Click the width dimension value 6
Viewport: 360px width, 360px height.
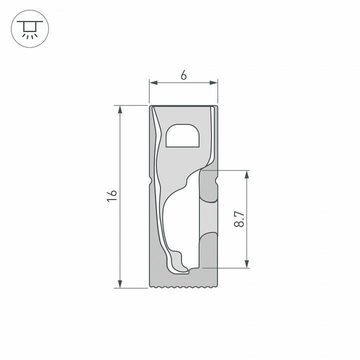(183, 75)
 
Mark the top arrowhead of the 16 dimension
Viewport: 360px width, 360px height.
(120, 109)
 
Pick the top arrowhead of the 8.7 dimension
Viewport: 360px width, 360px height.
(246, 174)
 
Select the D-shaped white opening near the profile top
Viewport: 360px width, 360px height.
(182, 136)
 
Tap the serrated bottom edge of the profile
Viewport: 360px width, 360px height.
(184, 287)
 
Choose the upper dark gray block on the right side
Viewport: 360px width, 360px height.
(208, 186)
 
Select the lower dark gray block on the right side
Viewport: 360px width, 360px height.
(208, 250)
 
